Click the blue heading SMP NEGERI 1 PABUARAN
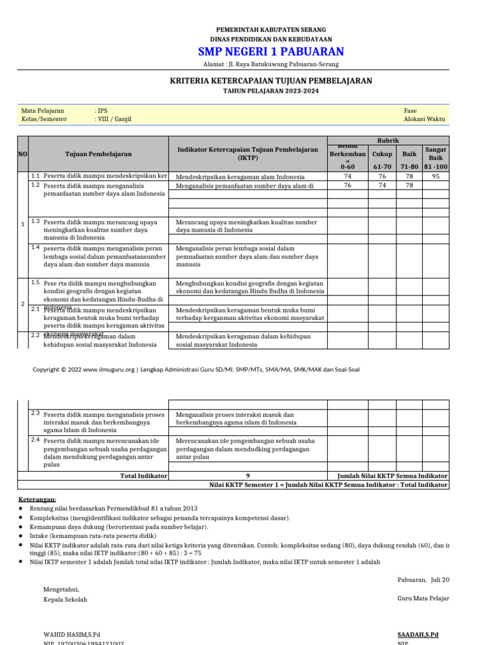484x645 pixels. pyautogui.click(x=271, y=52)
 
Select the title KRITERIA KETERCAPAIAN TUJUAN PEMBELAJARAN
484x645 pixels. pyautogui.click(x=271, y=81)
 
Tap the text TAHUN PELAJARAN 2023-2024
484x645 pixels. pyautogui.click(x=271, y=91)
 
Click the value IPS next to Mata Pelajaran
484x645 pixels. pyautogui.click(x=101, y=110)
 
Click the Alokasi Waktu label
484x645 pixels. pyautogui.click(x=424, y=119)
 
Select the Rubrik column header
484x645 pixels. pyautogui.click(x=388, y=140)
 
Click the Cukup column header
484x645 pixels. pyautogui.click(x=382, y=154)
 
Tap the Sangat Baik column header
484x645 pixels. pyautogui.click(x=435, y=154)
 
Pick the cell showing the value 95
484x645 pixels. pyautogui.click(x=435, y=177)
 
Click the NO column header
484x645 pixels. pyautogui.click(x=23, y=154)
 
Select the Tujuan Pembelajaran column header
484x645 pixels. pyautogui.click(x=98, y=154)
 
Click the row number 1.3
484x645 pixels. pyautogui.click(x=35, y=221)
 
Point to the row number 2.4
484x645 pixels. pyautogui.click(x=35, y=440)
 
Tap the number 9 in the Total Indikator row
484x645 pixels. pyautogui.click(x=248, y=476)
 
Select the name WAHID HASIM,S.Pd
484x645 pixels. pyautogui.click(x=72, y=634)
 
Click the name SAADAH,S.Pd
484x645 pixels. pyautogui.click(x=418, y=634)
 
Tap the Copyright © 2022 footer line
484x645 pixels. pyautogui.click(x=196, y=370)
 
